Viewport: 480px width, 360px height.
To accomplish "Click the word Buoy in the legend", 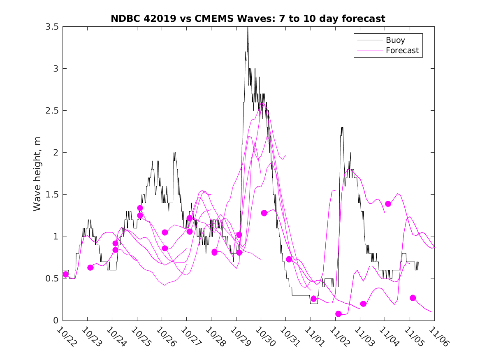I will coord(395,40).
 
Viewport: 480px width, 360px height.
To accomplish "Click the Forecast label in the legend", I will coord(402,51).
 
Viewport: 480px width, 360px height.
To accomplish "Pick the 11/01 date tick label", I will coord(315,336).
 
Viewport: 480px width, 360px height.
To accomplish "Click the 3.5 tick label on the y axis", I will coord(52,27).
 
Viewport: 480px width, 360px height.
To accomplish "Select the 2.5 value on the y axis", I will coord(52,111).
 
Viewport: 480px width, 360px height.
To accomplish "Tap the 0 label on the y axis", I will coord(56,321).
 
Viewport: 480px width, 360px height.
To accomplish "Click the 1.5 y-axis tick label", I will coord(52,195).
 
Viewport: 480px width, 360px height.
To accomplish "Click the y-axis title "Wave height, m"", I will coord(37,174).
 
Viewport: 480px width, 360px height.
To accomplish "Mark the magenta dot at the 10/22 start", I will coord(66,274).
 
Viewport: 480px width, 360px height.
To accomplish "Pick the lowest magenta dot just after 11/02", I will coord(339,314).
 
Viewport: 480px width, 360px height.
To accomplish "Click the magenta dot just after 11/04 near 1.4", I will coord(388,204).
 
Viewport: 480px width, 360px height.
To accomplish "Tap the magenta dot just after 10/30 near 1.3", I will coord(264,213).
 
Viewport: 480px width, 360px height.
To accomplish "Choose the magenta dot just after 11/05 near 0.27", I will coord(413,298).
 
